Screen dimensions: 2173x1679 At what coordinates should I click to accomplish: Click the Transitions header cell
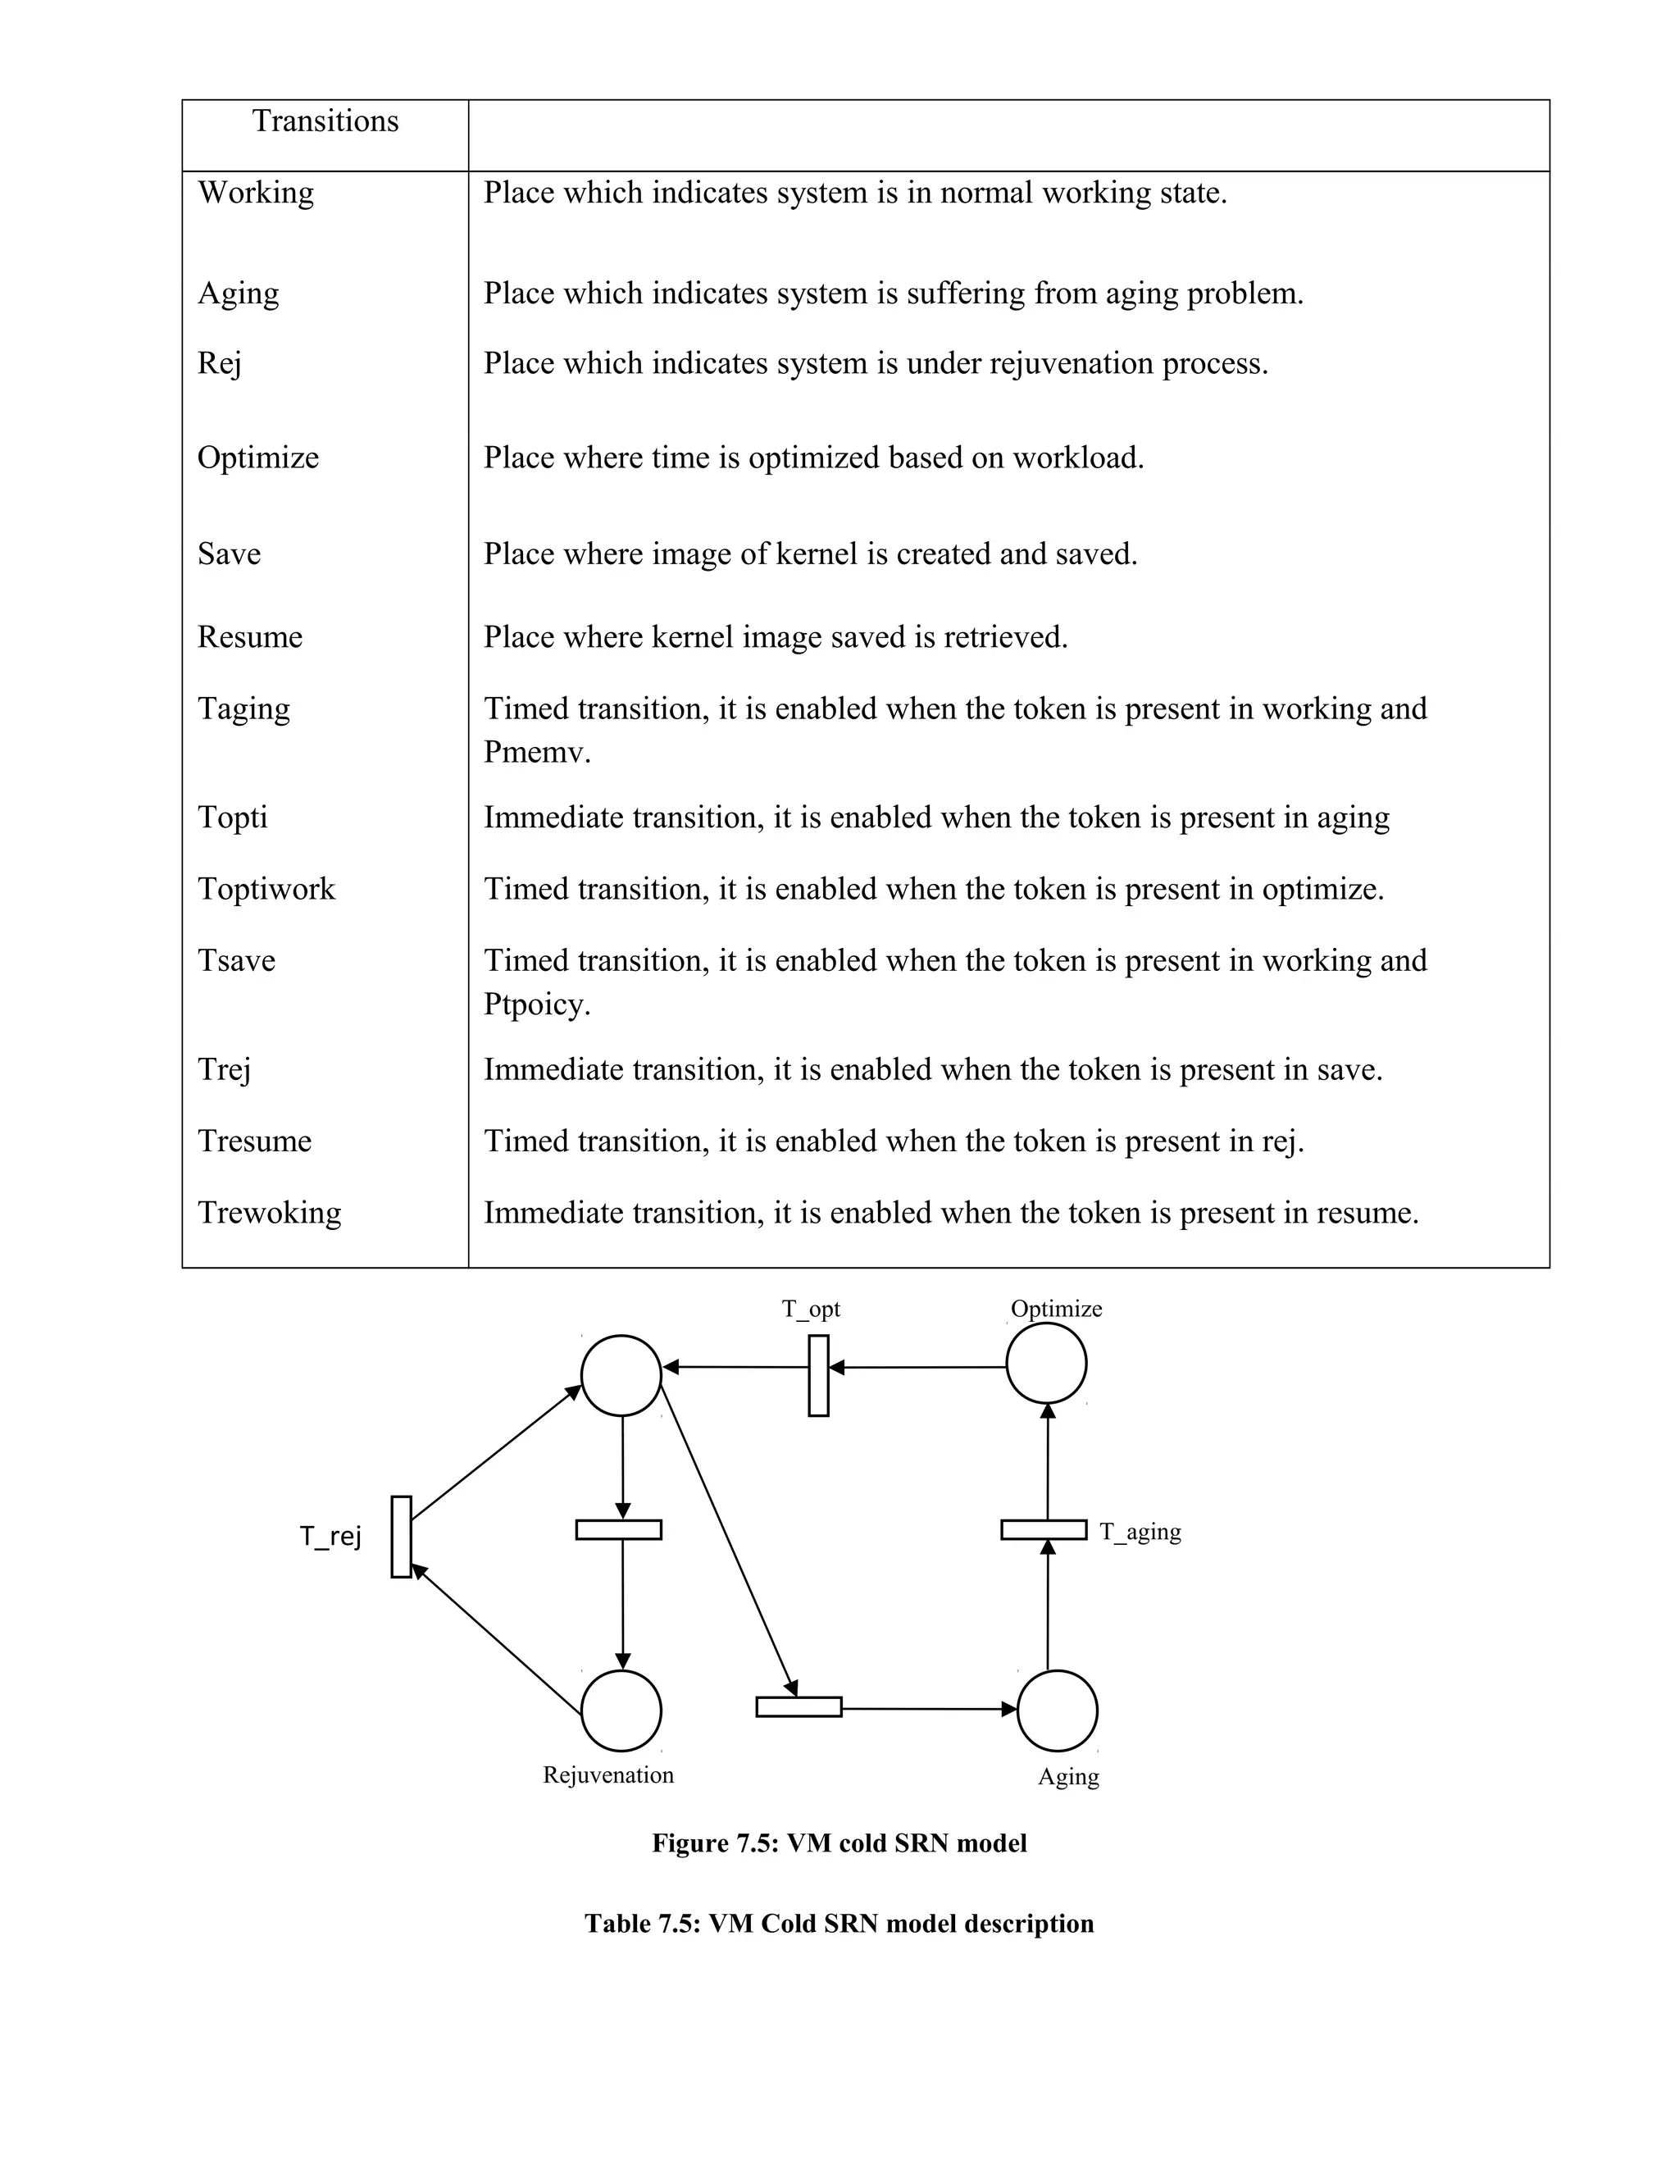[x=325, y=121]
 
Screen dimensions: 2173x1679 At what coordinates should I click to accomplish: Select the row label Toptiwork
[x=266, y=889]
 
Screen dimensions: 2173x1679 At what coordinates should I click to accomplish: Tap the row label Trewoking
[x=270, y=1213]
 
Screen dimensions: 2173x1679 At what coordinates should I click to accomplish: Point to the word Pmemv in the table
[x=537, y=752]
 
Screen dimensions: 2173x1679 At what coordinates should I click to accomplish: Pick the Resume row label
[x=250, y=637]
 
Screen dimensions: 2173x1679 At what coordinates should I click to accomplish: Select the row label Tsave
[x=237, y=961]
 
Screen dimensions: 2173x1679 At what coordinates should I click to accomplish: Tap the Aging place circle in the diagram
[x=1058, y=1711]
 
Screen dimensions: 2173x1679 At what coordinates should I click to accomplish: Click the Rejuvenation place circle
[x=621, y=1711]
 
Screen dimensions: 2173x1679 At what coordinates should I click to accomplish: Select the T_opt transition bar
[x=819, y=1375]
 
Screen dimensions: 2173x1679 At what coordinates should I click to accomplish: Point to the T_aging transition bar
[x=1044, y=1529]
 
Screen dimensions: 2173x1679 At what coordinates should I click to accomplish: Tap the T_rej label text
[x=331, y=1536]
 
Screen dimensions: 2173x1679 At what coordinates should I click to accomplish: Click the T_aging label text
[x=1140, y=1531]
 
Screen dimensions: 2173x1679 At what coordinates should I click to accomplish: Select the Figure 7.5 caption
[x=839, y=1843]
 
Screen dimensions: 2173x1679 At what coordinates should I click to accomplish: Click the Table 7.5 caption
[x=839, y=1923]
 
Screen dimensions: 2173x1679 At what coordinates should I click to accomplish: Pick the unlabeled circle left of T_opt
[x=621, y=1375]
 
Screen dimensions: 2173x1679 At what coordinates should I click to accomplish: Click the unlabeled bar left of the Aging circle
[x=799, y=1707]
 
